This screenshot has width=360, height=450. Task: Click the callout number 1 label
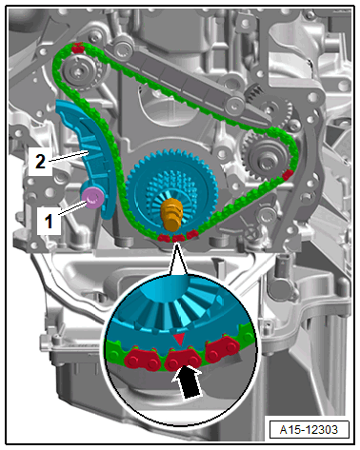pos(49,221)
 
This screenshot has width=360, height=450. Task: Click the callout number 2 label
pos(40,161)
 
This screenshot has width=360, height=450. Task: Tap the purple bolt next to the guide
pos(93,199)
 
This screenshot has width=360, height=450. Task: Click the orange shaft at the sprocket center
pos(172,213)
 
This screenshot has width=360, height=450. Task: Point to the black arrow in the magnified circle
pos(188,381)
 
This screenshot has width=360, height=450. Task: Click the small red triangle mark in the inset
pos(180,339)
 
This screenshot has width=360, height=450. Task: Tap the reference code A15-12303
pos(309,430)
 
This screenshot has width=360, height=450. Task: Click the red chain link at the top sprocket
pos(77,48)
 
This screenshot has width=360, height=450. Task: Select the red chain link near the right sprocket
pos(288,175)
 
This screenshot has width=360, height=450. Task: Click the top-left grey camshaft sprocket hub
pos(77,72)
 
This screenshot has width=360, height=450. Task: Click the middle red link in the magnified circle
pos(183,358)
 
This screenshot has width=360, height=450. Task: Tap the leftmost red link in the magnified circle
pos(142,359)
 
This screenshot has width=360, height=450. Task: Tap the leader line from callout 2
pos(68,157)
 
